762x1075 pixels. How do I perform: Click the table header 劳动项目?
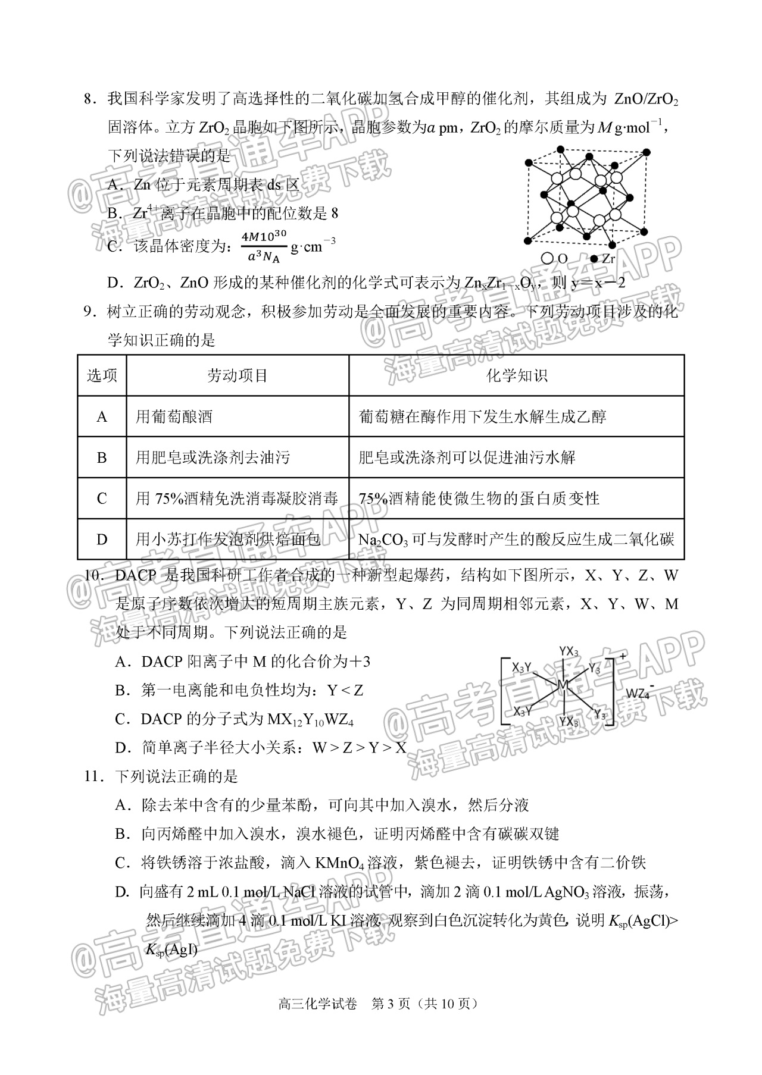pyautogui.click(x=237, y=375)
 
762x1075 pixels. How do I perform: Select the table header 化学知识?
pyautogui.click(x=516, y=375)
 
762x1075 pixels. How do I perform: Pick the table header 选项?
pyautogui.click(x=102, y=375)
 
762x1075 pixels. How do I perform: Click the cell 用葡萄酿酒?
pyautogui.click(x=174, y=416)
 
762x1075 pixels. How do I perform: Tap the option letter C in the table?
pyautogui.click(x=102, y=499)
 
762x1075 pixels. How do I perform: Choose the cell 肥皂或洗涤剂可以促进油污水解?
pyautogui.click(x=467, y=457)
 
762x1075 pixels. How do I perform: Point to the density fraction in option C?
pyautogui.click(x=264, y=246)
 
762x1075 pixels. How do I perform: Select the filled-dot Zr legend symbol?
pyautogui.click(x=594, y=259)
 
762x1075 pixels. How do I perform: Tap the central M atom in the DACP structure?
pyautogui.click(x=563, y=685)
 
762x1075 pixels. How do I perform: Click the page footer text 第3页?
pyautogui.click(x=391, y=1004)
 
